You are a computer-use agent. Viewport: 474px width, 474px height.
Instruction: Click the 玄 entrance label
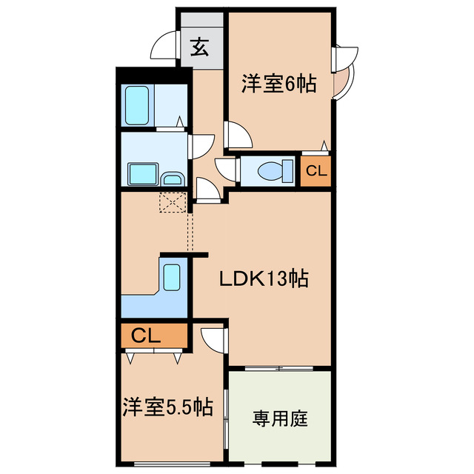200,48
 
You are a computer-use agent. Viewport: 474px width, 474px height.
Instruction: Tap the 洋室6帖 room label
278,84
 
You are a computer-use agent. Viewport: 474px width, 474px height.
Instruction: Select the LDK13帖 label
263,279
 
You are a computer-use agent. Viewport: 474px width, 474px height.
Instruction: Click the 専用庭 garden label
279,418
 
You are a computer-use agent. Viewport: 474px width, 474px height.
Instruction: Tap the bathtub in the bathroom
137,105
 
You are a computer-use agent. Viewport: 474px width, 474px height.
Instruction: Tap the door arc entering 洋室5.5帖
213,340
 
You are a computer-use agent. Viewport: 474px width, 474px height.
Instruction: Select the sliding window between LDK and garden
278,367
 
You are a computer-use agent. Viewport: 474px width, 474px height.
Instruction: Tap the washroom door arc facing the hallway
201,145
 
